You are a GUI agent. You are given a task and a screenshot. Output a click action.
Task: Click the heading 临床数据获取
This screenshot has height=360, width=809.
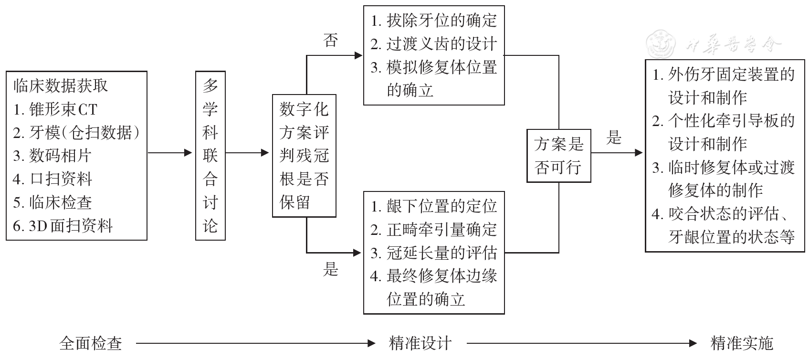pyautogui.click(x=61, y=86)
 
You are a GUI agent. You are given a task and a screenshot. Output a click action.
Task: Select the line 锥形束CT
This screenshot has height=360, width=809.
pyautogui.click(x=55, y=109)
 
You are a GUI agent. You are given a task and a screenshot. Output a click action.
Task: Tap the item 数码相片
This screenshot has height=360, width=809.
pyautogui.click(x=52, y=156)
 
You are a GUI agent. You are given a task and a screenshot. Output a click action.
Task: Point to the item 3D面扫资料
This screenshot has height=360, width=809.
pyautogui.click(x=63, y=225)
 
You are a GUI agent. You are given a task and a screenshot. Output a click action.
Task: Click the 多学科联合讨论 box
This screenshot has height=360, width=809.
pyautogui.click(x=210, y=155)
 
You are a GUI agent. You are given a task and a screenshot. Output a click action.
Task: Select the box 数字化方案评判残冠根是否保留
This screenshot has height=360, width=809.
pyautogui.click(x=304, y=156)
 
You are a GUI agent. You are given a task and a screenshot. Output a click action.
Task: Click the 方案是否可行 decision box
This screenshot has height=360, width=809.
pyautogui.click(x=558, y=156)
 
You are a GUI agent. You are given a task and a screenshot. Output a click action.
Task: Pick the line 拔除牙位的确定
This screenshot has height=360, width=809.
pyautogui.click(x=434, y=21)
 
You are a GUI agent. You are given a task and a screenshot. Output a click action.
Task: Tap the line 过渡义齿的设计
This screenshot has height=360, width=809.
pyautogui.click(x=434, y=44)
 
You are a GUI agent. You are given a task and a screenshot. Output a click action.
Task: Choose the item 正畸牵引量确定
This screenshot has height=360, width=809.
pyautogui.click(x=434, y=230)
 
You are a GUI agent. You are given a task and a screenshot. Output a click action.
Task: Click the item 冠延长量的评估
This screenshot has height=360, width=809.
pyautogui.click(x=434, y=253)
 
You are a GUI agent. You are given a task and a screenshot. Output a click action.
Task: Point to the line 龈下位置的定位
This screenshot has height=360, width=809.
pyautogui.click(x=434, y=206)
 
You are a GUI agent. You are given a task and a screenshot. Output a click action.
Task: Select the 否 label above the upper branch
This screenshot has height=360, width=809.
pyautogui.click(x=331, y=40)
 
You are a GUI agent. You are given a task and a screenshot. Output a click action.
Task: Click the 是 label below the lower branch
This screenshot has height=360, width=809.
pyautogui.click(x=331, y=269)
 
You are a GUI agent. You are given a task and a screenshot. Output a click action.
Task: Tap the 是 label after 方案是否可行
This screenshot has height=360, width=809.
pyautogui.click(x=614, y=138)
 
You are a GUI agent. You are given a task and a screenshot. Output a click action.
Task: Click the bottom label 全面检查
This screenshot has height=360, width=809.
pyautogui.click(x=91, y=343)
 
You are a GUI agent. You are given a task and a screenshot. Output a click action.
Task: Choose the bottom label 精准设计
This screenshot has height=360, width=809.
pyautogui.click(x=420, y=343)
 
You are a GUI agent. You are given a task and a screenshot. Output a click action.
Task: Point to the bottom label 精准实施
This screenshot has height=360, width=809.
pyautogui.click(x=742, y=343)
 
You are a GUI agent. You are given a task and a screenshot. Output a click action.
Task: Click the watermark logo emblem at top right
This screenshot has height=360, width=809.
pyautogui.click(x=661, y=44)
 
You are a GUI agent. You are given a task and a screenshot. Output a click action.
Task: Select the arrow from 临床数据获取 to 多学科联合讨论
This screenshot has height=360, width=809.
pyautogui.click(x=170, y=153)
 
